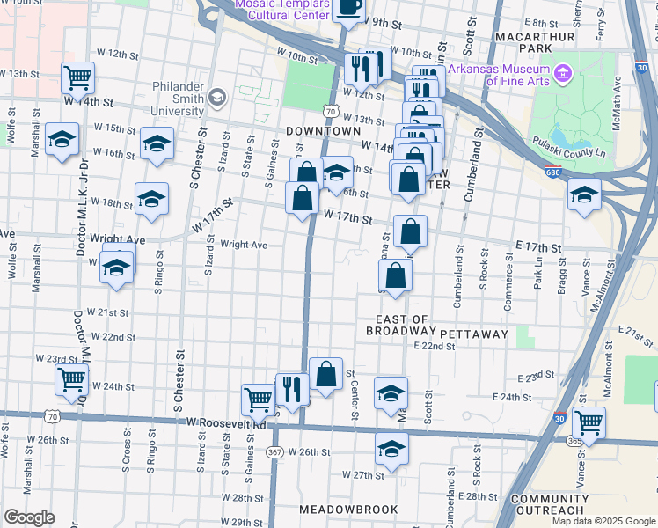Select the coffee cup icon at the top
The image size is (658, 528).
[350, 7]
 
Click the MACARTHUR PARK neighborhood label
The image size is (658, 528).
[535, 37]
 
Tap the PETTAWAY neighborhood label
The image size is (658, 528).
[474, 334]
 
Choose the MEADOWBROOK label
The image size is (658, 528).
[348, 510]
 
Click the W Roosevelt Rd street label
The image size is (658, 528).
[224, 424]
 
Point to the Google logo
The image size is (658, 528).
[29, 517]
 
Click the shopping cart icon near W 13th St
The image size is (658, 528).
[78, 77]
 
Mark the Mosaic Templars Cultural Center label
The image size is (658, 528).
[282, 10]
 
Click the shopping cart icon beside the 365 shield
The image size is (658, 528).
[589, 422]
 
